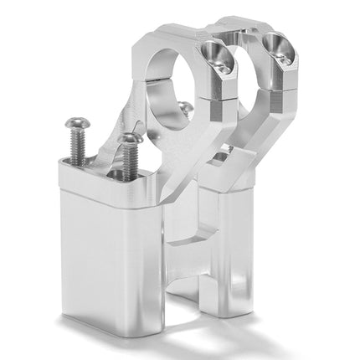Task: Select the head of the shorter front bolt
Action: [x=128, y=137]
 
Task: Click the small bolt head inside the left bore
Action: [x=184, y=106]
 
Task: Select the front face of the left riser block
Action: [x=109, y=251]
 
